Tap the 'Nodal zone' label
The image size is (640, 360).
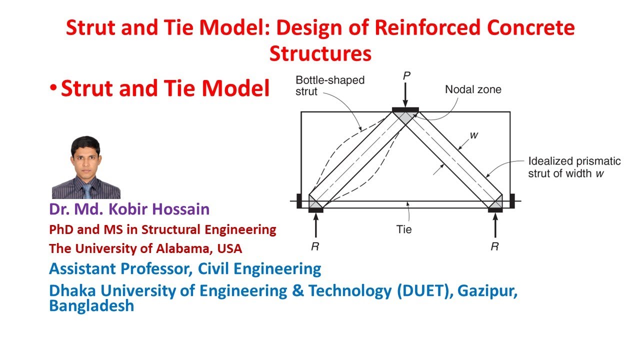pyautogui.click(x=473, y=90)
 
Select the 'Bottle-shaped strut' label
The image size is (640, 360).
pyautogui.click(x=330, y=85)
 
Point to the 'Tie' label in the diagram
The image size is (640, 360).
pyautogui.click(x=404, y=229)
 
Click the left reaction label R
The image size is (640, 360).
pyautogui.click(x=315, y=247)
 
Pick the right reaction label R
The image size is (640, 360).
pyautogui.click(x=494, y=247)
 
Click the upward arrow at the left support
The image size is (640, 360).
pyautogui.click(x=315, y=226)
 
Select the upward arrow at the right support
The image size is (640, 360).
pyautogui.click(x=495, y=226)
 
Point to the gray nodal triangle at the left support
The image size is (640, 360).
pyautogui.click(x=315, y=202)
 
